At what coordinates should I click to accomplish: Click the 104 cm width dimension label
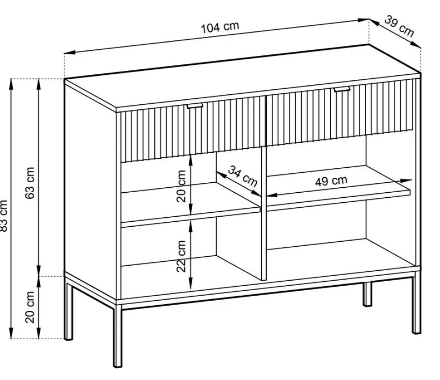(x=220, y=27)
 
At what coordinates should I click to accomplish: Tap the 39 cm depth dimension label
(x=399, y=26)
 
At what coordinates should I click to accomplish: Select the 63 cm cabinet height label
(x=30, y=183)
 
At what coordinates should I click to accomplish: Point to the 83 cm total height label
(x=3, y=216)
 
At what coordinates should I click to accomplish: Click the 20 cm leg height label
(x=30, y=307)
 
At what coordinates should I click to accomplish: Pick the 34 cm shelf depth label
(x=243, y=176)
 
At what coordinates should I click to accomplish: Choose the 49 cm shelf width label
(x=331, y=181)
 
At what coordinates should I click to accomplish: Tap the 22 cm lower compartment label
(x=181, y=256)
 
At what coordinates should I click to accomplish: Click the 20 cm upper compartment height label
(x=181, y=186)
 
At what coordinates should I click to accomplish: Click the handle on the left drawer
(x=194, y=106)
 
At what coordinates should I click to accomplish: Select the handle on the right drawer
(x=342, y=89)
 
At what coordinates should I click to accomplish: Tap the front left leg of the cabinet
(x=117, y=336)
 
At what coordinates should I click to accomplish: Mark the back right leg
(x=367, y=294)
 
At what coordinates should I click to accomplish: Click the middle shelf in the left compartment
(x=191, y=204)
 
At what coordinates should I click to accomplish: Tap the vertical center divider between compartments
(x=264, y=213)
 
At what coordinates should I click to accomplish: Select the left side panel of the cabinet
(x=90, y=191)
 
